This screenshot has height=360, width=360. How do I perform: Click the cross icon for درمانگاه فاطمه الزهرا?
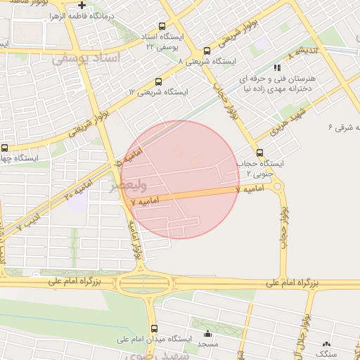tap(82, 6)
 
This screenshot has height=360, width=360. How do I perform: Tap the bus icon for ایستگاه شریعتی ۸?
tap(207, 51)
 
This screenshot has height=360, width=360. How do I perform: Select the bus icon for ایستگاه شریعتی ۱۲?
tap(158, 82)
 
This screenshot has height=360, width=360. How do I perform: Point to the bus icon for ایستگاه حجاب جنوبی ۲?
tap(260, 153)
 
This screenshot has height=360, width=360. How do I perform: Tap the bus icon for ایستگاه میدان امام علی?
tap(154, 328)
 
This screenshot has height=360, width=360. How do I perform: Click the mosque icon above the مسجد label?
tap(207, 333)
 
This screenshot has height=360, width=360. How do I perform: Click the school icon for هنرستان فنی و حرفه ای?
tap(276, 68)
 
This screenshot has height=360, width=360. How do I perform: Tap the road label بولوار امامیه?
tap(136, 239)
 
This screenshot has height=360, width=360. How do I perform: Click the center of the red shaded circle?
tap(181, 179)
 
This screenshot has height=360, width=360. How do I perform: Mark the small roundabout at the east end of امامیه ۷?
tap(276, 187)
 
